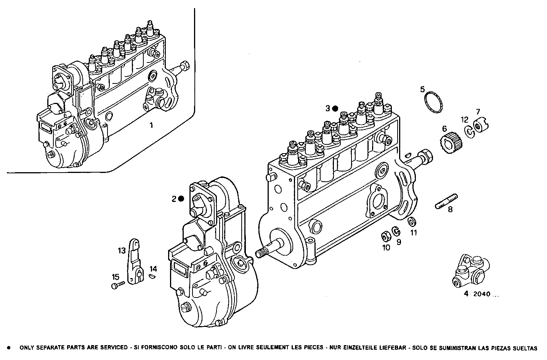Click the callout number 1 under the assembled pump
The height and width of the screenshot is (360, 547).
click(x=151, y=125)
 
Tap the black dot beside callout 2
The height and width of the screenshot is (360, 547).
click(x=181, y=198)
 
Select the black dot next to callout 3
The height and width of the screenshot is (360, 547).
click(x=335, y=109)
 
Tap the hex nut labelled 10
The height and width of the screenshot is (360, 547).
click(x=385, y=237)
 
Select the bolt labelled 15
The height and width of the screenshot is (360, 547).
click(x=118, y=285)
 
